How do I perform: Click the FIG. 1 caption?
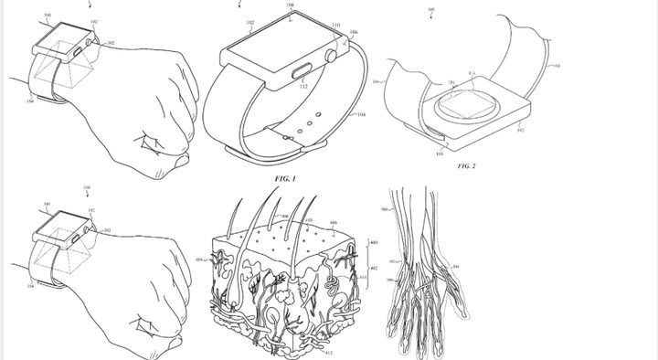286,179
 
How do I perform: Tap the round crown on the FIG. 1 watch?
333,56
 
